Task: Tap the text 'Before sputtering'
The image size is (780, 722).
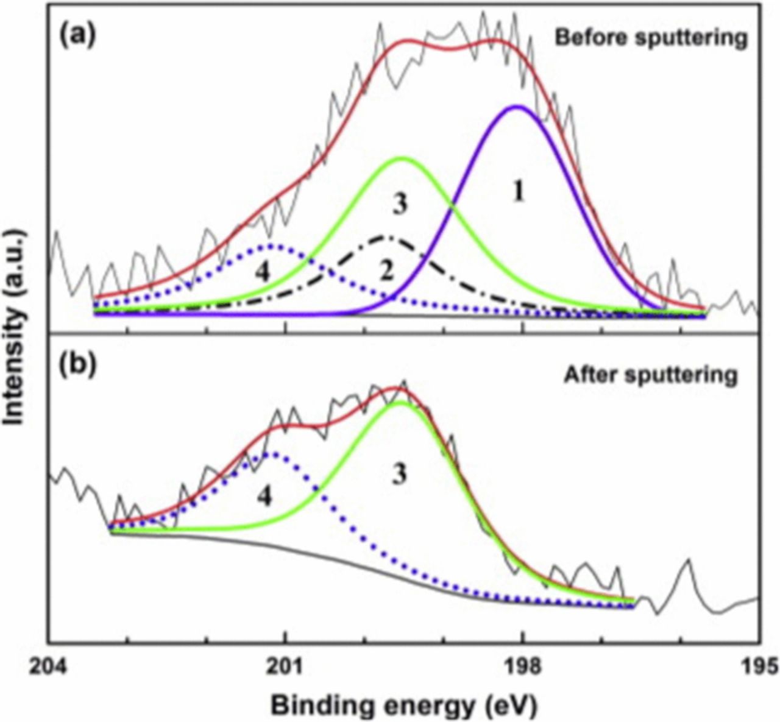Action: [651, 38]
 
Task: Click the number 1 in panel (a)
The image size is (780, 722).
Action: [519, 193]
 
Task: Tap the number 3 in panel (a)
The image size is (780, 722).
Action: [399, 205]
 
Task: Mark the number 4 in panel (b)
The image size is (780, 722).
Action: [263, 497]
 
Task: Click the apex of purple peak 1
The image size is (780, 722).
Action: [517, 107]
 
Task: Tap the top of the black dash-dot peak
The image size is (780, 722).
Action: [385, 236]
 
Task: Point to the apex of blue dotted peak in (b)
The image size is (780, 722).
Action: [271, 453]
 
